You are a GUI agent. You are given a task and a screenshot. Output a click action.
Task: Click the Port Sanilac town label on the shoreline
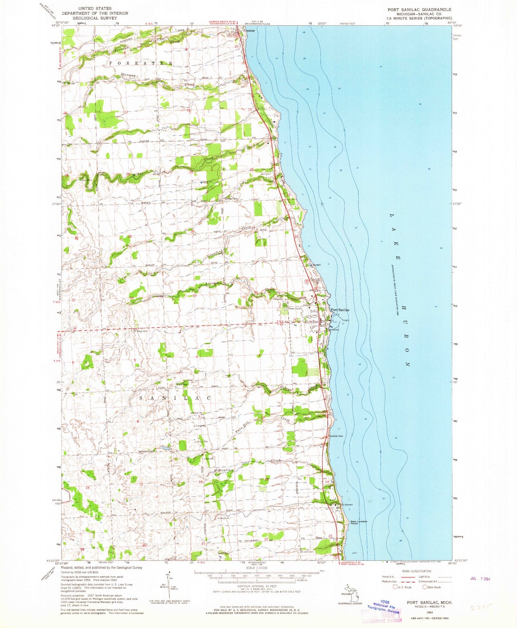coord(340,310)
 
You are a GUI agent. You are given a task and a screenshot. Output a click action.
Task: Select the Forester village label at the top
coord(249,31)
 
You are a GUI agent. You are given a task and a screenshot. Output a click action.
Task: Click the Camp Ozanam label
coord(346,505)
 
